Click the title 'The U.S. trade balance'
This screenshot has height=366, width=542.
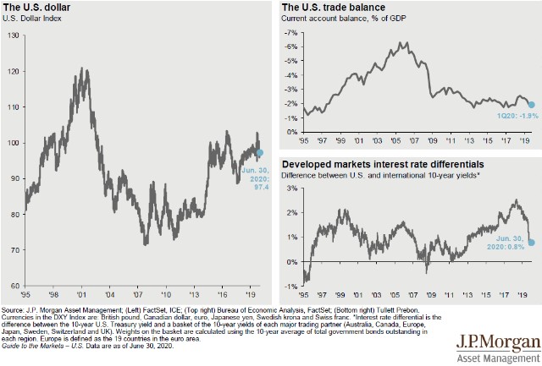(332, 8)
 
